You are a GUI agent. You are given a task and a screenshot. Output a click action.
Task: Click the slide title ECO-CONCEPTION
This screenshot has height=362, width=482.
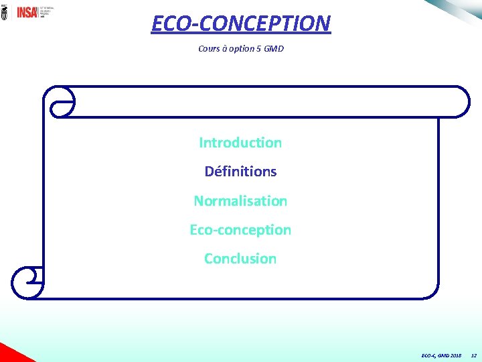pyautogui.click(x=240, y=23)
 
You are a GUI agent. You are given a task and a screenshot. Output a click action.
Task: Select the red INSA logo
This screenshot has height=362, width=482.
pyautogui.click(x=27, y=12)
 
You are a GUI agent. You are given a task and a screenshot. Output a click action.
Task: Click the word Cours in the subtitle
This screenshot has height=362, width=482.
pyautogui.click(x=209, y=49)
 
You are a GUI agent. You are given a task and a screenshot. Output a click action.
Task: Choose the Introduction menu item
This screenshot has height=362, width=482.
pyautogui.click(x=240, y=143)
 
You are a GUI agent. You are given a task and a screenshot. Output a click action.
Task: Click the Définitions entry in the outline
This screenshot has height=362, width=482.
pyautogui.click(x=240, y=172)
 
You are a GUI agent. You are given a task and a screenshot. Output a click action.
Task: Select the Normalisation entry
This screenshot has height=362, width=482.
pyautogui.click(x=240, y=201)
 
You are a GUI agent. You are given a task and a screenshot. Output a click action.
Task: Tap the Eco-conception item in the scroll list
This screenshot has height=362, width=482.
pyautogui.click(x=240, y=230)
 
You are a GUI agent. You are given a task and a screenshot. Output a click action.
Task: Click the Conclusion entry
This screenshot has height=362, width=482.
pyautogui.click(x=240, y=259)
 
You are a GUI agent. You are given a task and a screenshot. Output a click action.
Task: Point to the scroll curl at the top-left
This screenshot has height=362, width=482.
pyautogui.click(x=60, y=102)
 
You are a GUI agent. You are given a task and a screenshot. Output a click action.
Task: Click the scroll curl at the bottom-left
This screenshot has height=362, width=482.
pyautogui.click(x=27, y=282)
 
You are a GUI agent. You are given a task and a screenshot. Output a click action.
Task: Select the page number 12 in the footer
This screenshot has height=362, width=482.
pyautogui.click(x=474, y=355)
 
